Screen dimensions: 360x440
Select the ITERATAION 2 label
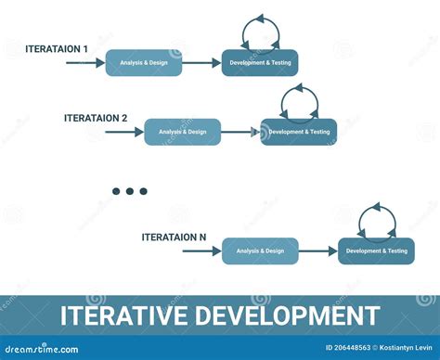click(x=96, y=118)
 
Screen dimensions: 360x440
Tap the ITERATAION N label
click(x=174, y=237)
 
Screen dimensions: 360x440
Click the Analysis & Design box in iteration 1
click(x=144, y=63)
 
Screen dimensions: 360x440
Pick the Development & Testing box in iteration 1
click(x=260, y=63)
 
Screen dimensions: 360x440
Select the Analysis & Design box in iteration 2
click(x=183, y=133)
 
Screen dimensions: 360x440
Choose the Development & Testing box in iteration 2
click(x=299, y=133)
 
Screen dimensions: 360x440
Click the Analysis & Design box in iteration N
click(x=260, y=251)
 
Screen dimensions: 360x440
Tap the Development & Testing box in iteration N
click(x=376, y=251)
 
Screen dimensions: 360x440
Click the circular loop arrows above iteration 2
click(x=299, y=101)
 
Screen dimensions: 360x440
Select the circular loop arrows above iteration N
click(x=376, y=220)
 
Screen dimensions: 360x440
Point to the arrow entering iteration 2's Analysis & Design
click(x=123, y=133)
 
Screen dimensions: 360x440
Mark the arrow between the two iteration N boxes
click(x=317, y=251)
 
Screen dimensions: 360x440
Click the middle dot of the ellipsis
click(x=130, y=191)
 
